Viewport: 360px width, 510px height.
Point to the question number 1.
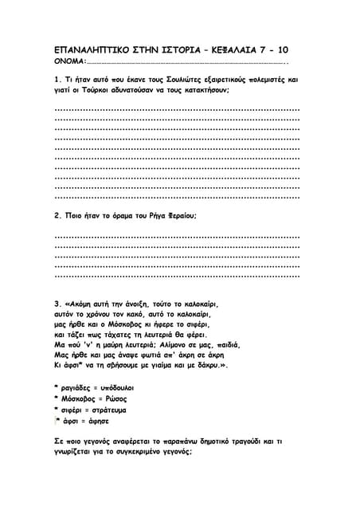(x=57, y=80)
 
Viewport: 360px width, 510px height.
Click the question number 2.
(x=57, y=215)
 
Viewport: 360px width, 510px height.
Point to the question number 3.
(x=57, y=304)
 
